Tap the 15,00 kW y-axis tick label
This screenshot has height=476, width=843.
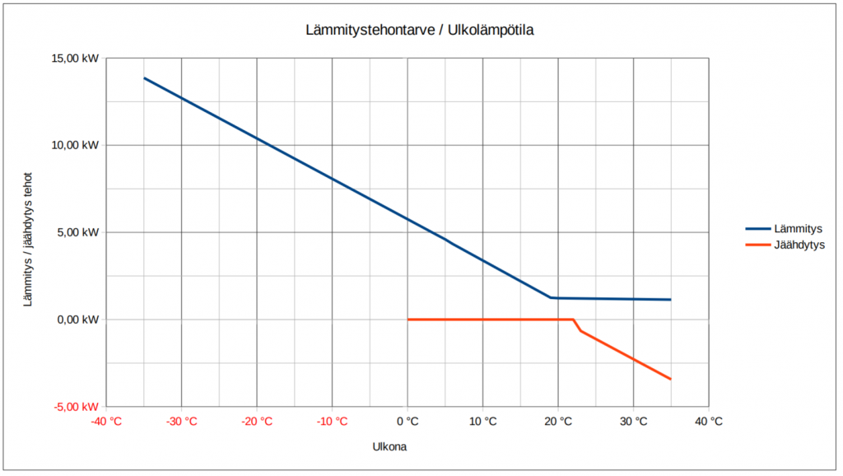click(x=77, y=58)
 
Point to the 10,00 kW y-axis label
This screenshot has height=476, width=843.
click(x=77, y=145)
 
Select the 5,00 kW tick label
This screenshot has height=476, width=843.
click(x=79, y=232)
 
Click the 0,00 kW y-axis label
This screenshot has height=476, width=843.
click(x=79, y=320)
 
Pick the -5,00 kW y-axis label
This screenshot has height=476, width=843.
click(x=77, y=407)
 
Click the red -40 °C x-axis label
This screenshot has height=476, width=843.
click(x=106, y=422)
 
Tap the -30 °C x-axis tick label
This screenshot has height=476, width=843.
click(x=182, y=422)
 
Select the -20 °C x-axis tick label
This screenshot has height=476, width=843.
click(x=257, y=422)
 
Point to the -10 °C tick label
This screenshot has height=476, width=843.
click(x=332, y=422)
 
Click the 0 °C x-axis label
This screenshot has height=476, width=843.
click(x=408, y=422)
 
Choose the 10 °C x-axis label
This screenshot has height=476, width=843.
click(x=482, y=422)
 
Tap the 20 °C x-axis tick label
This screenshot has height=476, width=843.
click(x=558, y=422)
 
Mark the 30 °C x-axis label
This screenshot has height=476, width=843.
click(x=633, y=422)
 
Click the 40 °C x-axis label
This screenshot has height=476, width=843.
click(x=709, y=422)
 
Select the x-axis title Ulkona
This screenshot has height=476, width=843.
click(x=390, y=447)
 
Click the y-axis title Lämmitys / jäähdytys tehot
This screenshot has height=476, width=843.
click(x=28, y=240)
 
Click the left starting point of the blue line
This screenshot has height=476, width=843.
click(x=145, y=78)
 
